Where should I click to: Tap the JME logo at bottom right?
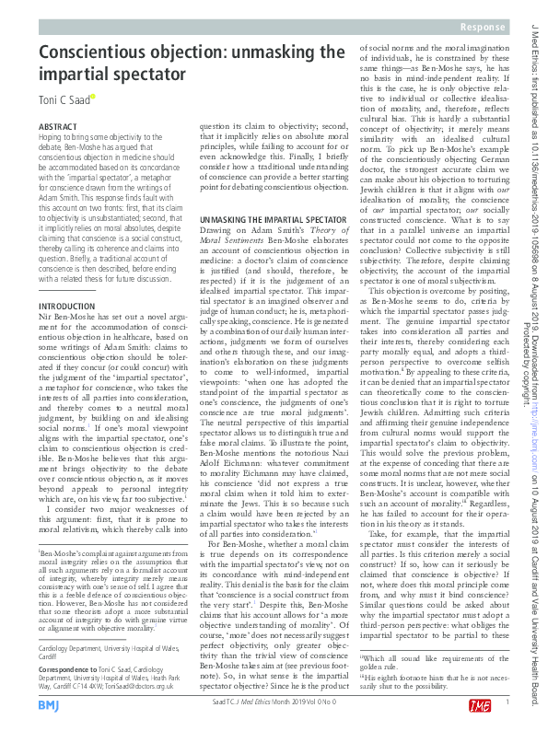pos(480,704)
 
